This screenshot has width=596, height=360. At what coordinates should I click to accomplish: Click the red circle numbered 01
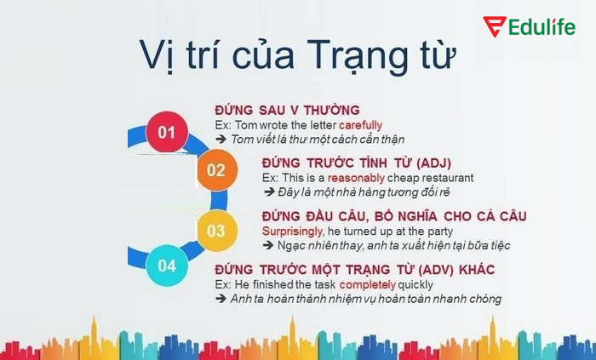166,132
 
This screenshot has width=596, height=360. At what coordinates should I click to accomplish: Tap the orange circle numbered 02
215,169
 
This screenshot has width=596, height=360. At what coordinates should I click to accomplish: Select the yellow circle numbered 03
215,230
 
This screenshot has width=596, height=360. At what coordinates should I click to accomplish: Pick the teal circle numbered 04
166,266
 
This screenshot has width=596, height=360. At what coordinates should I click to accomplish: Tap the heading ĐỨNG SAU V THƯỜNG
287,111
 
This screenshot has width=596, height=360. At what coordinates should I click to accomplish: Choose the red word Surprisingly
294,231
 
